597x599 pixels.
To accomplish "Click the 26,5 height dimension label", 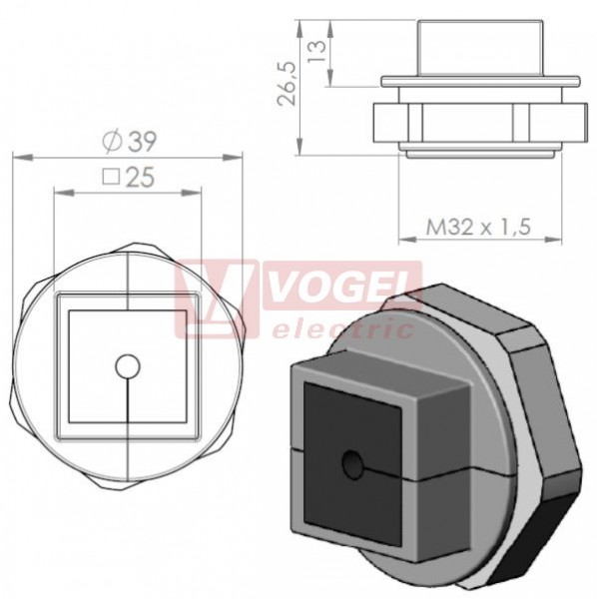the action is [x=287, y=83].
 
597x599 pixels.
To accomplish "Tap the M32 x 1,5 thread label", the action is [x=478, y=227].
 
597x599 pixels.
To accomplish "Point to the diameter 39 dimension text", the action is [x=130, y=142].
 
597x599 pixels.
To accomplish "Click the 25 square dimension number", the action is [x=140, y=177].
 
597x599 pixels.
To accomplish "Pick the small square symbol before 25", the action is [x=112, y=177].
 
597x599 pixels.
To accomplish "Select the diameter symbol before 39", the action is [x=113, y=142].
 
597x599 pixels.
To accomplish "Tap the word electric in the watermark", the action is [x=342, y=329].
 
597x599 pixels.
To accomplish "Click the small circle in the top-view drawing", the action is [x=128, y=366].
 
